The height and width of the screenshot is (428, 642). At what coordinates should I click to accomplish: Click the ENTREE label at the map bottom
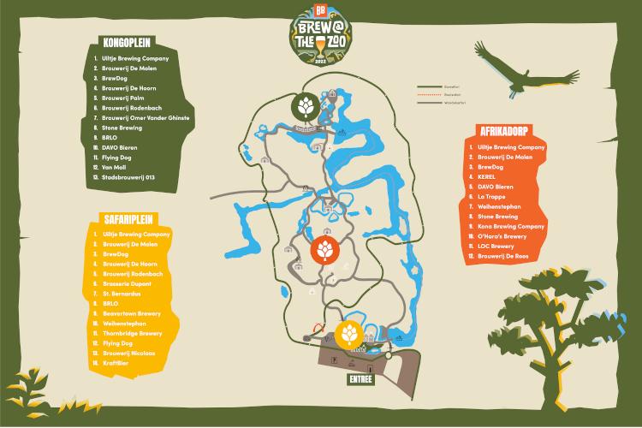360,377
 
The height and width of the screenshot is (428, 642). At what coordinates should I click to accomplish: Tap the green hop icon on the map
306,107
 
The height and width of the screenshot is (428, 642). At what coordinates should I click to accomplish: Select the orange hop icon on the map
326,250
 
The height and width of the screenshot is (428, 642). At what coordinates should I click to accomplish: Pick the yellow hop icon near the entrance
350,333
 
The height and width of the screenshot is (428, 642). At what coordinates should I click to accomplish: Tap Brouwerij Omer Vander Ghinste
146,117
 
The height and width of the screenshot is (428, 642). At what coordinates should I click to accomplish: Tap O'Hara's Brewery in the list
505,236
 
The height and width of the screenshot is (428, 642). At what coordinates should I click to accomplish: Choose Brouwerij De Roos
507,256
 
